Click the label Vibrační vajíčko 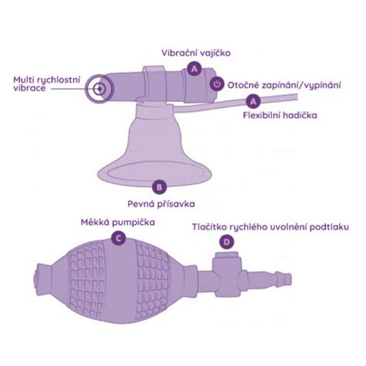coord(196,53)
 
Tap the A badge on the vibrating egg coord(195,69)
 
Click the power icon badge coord(217,83)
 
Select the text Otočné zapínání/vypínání coord(284,85)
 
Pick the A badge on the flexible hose coord(253,101)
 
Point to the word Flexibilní coord(261,115)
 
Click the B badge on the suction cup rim coord(159,186)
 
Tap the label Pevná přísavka coord(161,204)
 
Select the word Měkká coord(95,222)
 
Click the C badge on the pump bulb coord(118,239)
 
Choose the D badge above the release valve coord(227,242)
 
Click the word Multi coord(23,80)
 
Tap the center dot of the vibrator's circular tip coord(100,89)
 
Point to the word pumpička coord(134,222)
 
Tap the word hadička coord(300,115)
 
